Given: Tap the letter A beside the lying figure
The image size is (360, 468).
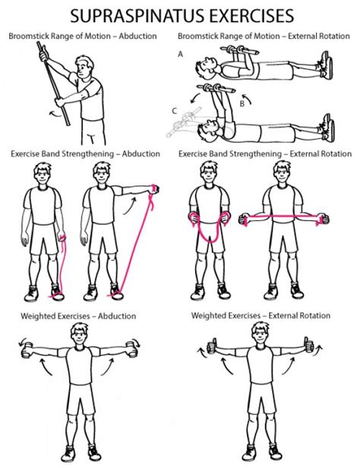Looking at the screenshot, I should coord(181,54).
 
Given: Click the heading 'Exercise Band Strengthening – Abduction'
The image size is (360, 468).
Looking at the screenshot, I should coord(85,153).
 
